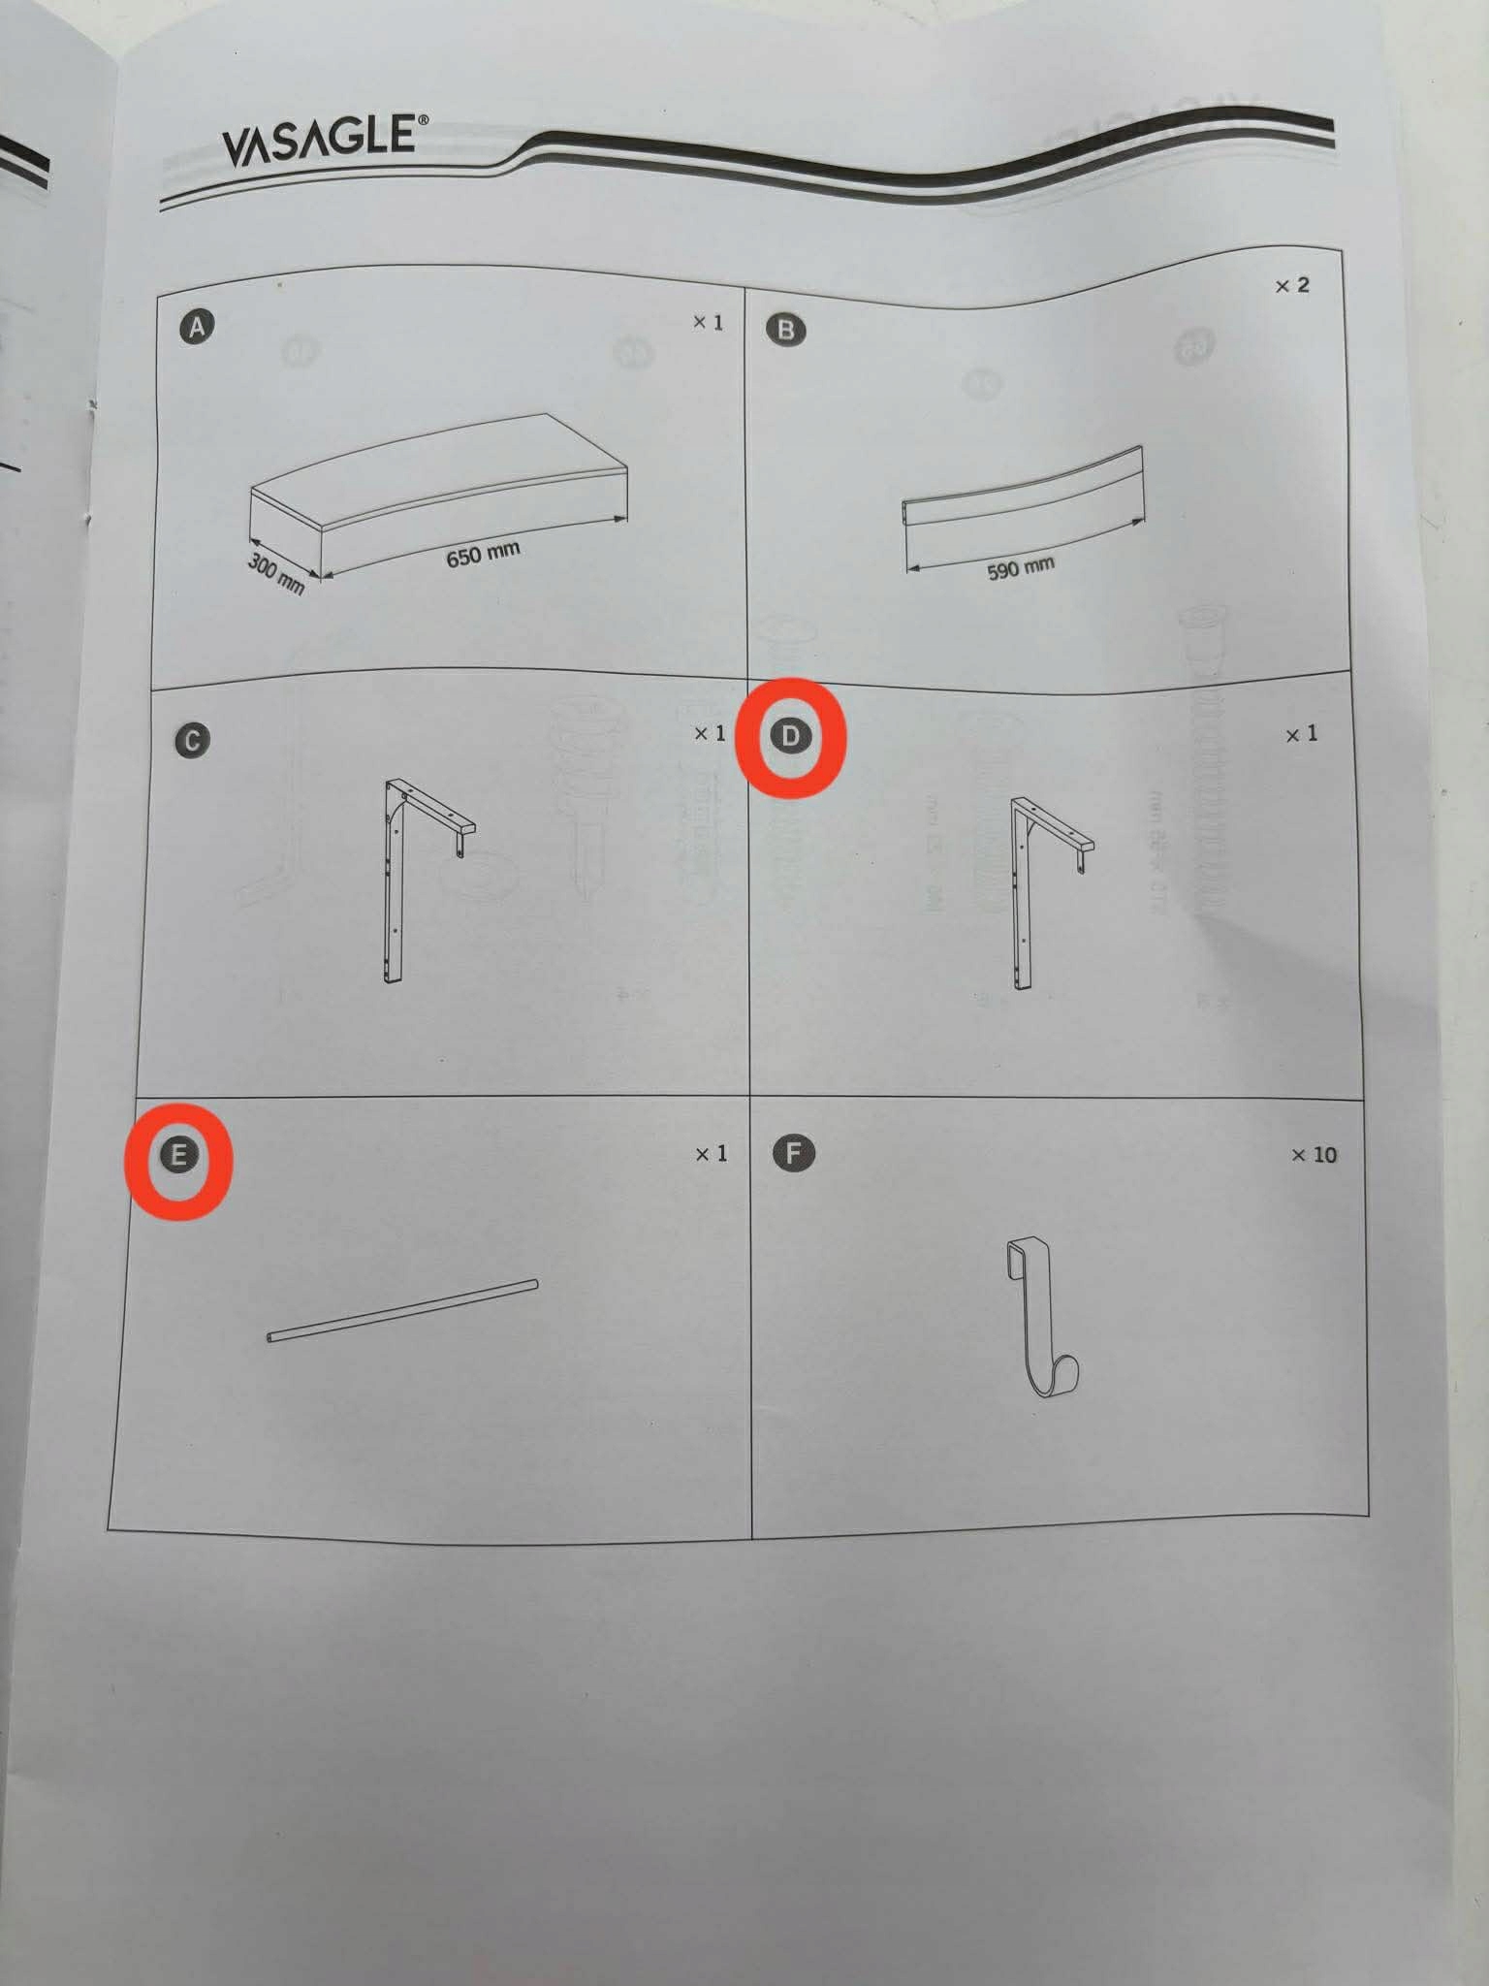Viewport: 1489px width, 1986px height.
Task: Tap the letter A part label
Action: (197, 328)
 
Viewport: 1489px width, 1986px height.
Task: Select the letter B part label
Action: (785, 330)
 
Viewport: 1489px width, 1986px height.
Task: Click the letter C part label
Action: (192, 741)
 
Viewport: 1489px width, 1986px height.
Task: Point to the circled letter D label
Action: (790, 736)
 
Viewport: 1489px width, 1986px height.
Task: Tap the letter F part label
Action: (794, 1153)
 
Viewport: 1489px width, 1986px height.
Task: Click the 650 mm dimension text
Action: (483, 555)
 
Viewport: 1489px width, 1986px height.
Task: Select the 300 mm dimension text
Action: (276, 574)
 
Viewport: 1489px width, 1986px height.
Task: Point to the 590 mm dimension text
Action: (1021, 567)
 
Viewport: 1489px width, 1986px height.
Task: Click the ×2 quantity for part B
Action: (1291, 285)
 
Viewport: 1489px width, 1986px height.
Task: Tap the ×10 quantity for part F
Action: (1314, 1154)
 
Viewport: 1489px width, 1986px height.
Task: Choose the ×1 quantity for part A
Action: (708, 322)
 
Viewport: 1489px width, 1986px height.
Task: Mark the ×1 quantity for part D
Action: (1301, 734)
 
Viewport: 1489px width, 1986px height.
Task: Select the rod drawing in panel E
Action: (401, 1311)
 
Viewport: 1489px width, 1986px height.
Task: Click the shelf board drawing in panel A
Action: (438, 495)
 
